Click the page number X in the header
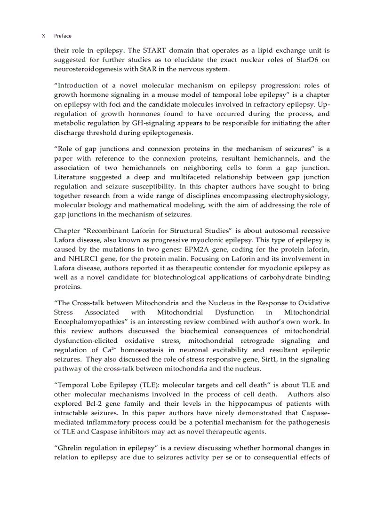43,36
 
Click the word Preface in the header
63,36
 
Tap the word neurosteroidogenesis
87,69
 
